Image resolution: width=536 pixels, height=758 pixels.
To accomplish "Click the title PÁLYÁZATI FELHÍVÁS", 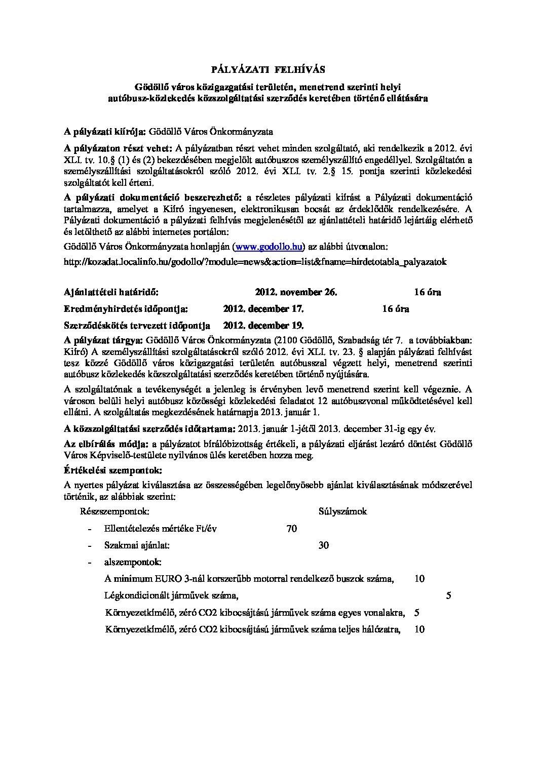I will (268, 69).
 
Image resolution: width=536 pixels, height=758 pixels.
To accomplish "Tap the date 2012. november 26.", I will (296, 292).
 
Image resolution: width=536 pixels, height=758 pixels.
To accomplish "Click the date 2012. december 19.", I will (263, 325).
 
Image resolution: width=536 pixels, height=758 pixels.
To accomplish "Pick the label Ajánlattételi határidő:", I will (111, 292).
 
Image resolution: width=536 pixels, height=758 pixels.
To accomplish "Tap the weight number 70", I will (291, 529).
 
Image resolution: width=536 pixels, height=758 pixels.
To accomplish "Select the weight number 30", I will (323, 545).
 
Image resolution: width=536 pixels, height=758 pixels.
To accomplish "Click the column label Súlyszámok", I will (342, 511).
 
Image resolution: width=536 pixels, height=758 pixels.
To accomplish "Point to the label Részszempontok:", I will (114, 511).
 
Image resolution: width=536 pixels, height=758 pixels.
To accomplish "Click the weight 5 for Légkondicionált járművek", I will (448, 595).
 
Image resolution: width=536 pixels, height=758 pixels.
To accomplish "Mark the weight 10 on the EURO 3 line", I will (419, 579).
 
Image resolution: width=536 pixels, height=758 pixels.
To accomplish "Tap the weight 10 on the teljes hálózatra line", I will (419, 629).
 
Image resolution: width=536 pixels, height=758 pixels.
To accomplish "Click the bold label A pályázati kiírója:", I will (105, 132).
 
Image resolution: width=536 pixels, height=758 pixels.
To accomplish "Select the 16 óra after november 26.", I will (427, 292).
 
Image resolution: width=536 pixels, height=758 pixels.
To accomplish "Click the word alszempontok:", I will (133, 562).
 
